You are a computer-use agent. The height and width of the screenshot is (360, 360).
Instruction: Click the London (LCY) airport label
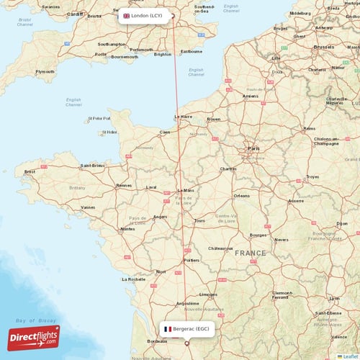click(x=147, y=15)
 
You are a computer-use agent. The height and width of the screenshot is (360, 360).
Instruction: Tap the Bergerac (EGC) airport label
click(x=187, y=328)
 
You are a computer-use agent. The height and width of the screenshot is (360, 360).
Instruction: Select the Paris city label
click(x=254, y=148)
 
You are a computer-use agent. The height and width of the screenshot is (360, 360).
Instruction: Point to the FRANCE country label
click(x=248, y=253)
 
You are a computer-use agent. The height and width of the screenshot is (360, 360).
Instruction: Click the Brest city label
click(x=30, y=171)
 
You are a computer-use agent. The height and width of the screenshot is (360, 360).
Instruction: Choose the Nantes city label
click(x=127, y=229)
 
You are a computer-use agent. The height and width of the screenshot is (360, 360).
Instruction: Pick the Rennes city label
click(x=124, y=185)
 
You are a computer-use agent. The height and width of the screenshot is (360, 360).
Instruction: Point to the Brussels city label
click(x=324, y=46)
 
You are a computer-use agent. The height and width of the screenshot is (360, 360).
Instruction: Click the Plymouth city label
click(x=45, y=71)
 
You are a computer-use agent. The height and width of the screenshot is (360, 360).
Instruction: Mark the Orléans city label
click(x=242, y=195)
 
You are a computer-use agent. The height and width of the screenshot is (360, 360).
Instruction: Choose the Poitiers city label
click(x=192, y=260)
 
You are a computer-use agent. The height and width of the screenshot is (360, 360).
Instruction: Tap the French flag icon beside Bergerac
click(x=167, y=328)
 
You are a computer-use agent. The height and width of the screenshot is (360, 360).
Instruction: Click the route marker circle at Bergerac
click(x=188, y=344)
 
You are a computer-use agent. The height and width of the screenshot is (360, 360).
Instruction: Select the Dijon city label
click(x=343, y=223)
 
